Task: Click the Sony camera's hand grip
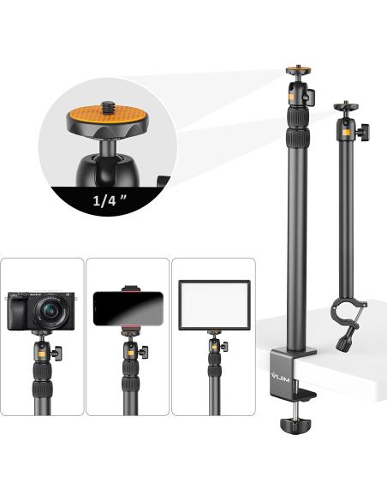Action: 17,312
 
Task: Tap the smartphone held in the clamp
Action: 128,308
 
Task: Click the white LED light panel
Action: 215,305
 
